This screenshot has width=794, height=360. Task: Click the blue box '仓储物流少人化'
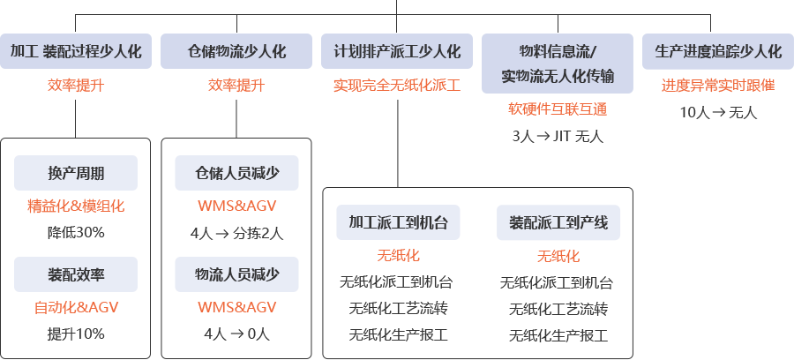236,51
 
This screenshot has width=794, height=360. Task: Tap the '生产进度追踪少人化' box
718,51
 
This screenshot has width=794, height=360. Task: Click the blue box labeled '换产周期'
75,172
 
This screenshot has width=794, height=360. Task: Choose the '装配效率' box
75,274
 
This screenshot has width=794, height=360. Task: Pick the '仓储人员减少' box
236,172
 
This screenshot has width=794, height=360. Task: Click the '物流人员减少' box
236,274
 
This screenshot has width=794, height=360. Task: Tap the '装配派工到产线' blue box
558,222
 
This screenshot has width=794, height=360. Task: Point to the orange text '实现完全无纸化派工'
396,86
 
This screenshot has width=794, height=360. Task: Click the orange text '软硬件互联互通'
557,109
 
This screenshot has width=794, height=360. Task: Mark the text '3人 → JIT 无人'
557,136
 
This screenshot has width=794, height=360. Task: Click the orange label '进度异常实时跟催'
718,86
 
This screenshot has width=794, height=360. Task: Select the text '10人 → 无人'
718,112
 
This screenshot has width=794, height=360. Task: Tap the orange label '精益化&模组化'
76,206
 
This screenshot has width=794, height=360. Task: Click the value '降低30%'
76,232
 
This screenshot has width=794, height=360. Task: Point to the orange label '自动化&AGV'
76,308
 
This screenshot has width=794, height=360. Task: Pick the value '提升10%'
76,334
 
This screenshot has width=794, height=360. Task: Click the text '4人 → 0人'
236,334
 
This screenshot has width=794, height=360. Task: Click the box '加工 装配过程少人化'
76,51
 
